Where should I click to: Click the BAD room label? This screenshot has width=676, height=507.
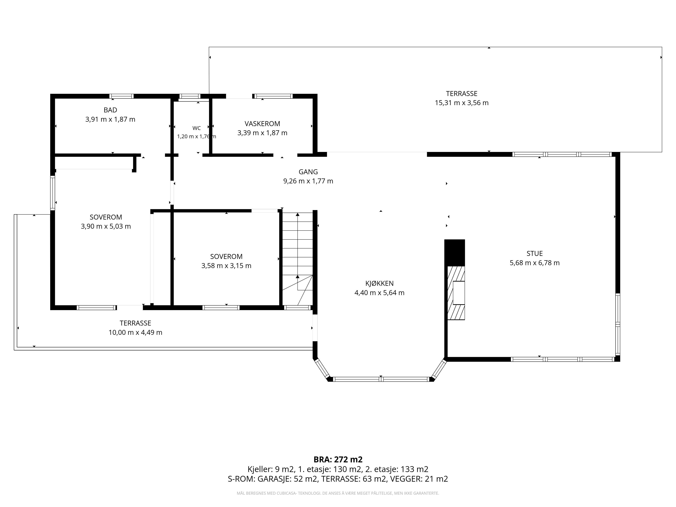[x=110, y=110]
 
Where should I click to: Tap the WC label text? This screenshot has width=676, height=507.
[x=197, y=128]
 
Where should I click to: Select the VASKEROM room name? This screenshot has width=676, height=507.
[x=262, y=124]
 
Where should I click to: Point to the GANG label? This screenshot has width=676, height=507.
[x=308, y=172]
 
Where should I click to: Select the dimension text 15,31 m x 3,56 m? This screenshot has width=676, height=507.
[x=462, y=103]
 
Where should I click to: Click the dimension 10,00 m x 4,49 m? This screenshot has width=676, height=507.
[x=135, y=332]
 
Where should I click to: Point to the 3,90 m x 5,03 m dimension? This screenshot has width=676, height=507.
[x=106, y=226]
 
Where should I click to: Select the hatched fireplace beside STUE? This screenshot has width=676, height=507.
[x=456, y=293]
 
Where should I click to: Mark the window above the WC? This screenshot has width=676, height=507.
[x=189, y=96]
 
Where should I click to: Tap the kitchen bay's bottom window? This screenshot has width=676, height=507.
[x=381, y=379]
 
